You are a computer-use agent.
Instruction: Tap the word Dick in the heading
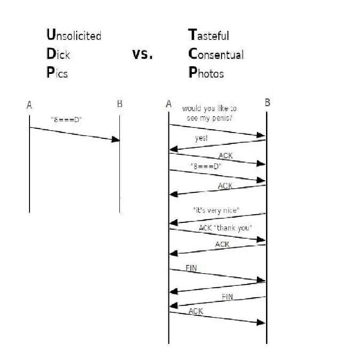pyautogui.click(x=58, y=54)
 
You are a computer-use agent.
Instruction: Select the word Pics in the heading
pyautogui.click(x=57, y=73)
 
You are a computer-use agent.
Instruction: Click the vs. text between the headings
pyautogui.click(x=143, y=54)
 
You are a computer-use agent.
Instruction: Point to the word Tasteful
pyautogui.click(x=208, y=34)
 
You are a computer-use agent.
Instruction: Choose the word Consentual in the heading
pyautogui.click(x=216, y=54)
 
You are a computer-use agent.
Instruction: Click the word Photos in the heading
pyautogui.click(x=206, y=73)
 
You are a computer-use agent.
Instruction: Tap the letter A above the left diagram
pyautogui.click(x=29, y=105)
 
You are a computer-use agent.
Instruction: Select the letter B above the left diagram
pyautogui.click(x=119, y=104)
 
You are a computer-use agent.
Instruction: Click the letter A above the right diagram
pyautogui.click(x=168, y=104)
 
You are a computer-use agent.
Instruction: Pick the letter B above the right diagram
pyautogui.click(x=267, y=103)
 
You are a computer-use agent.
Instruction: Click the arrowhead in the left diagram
pyautogui.click(x=116, y=139)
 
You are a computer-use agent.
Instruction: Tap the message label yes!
pyautogui.click(x=201, y=138)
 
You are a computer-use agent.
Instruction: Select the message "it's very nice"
pyautogui.click(x=216, y=211)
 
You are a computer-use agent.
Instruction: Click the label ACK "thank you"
pyautogui.click(x=225, y=228)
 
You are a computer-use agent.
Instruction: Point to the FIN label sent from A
pyautogui.click(x=191, y=268)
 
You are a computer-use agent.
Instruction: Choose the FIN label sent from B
pyautogui.click(x=227, y=297)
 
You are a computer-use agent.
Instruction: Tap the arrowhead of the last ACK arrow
pyautogui.click(x=261, y=322)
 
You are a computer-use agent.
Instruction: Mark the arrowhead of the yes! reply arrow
pyautogui.click(x=174, y=149)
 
